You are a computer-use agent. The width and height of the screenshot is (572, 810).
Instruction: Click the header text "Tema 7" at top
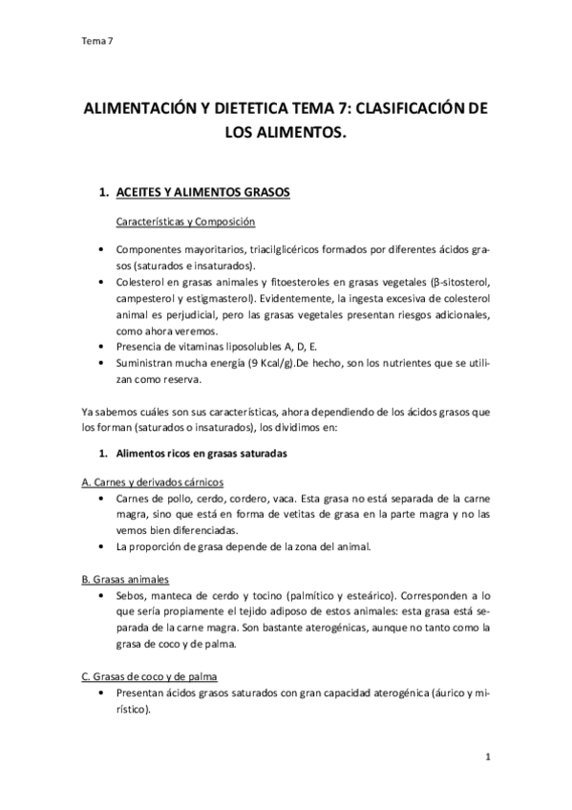click(x=98, y=40)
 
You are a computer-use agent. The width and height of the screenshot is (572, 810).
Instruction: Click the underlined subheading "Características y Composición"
click(x=185, y=222)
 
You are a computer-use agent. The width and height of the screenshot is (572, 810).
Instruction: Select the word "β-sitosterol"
click(x=459, y=282)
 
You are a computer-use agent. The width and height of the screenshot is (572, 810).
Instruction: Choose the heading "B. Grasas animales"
click(x=127, y=579)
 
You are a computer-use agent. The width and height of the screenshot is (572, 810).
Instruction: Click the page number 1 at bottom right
click(x=487, y=757)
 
